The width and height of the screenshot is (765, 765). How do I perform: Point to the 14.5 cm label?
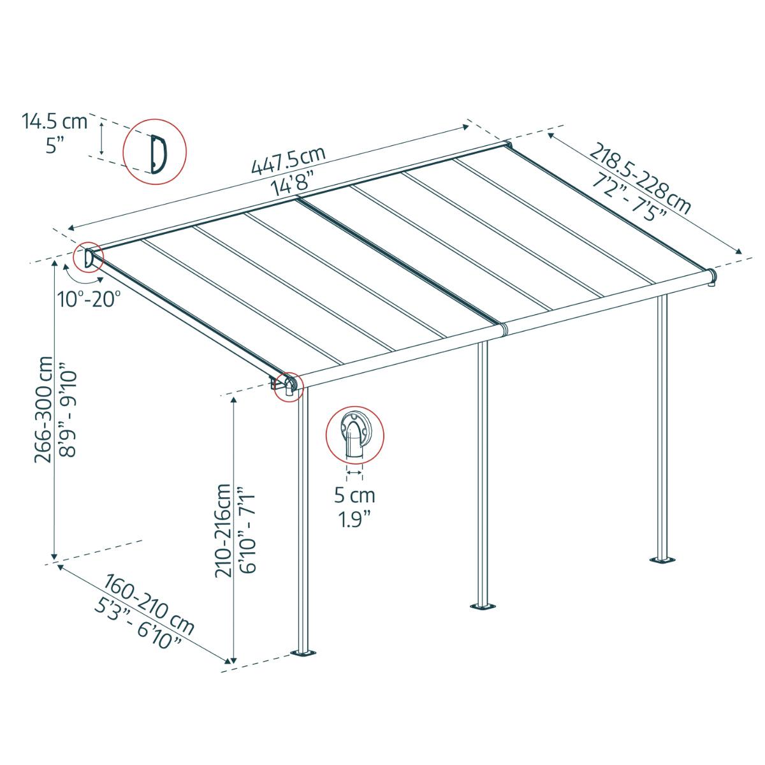click(55, 120)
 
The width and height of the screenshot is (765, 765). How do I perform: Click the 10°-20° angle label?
click(87, 298)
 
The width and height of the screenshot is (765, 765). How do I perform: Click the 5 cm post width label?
click(354, 495)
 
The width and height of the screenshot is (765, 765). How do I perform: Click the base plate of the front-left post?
click(304, 653)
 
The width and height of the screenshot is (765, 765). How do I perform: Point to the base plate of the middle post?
click(483, 605)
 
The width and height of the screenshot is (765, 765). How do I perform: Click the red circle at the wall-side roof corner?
click(88, 258)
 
